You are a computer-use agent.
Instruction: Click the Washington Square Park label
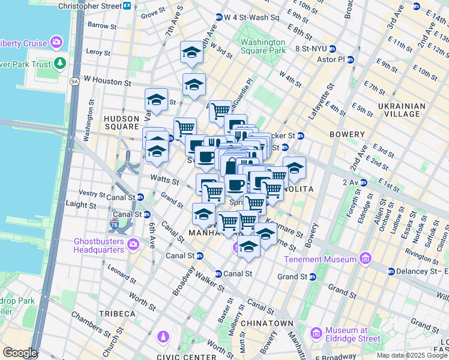(262, 47)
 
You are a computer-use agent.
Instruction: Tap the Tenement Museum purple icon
(365, 259)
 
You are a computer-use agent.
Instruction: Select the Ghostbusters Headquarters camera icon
(133, 245)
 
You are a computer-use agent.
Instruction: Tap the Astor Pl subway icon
(350, 60)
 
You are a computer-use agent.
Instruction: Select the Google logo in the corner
(19, 353)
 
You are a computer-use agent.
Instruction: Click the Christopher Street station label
(89, 5)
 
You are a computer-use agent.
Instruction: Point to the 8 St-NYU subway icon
(332, 49)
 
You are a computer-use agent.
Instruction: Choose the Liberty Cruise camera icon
(56, 42)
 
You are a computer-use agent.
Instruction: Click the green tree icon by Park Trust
(59, 63)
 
